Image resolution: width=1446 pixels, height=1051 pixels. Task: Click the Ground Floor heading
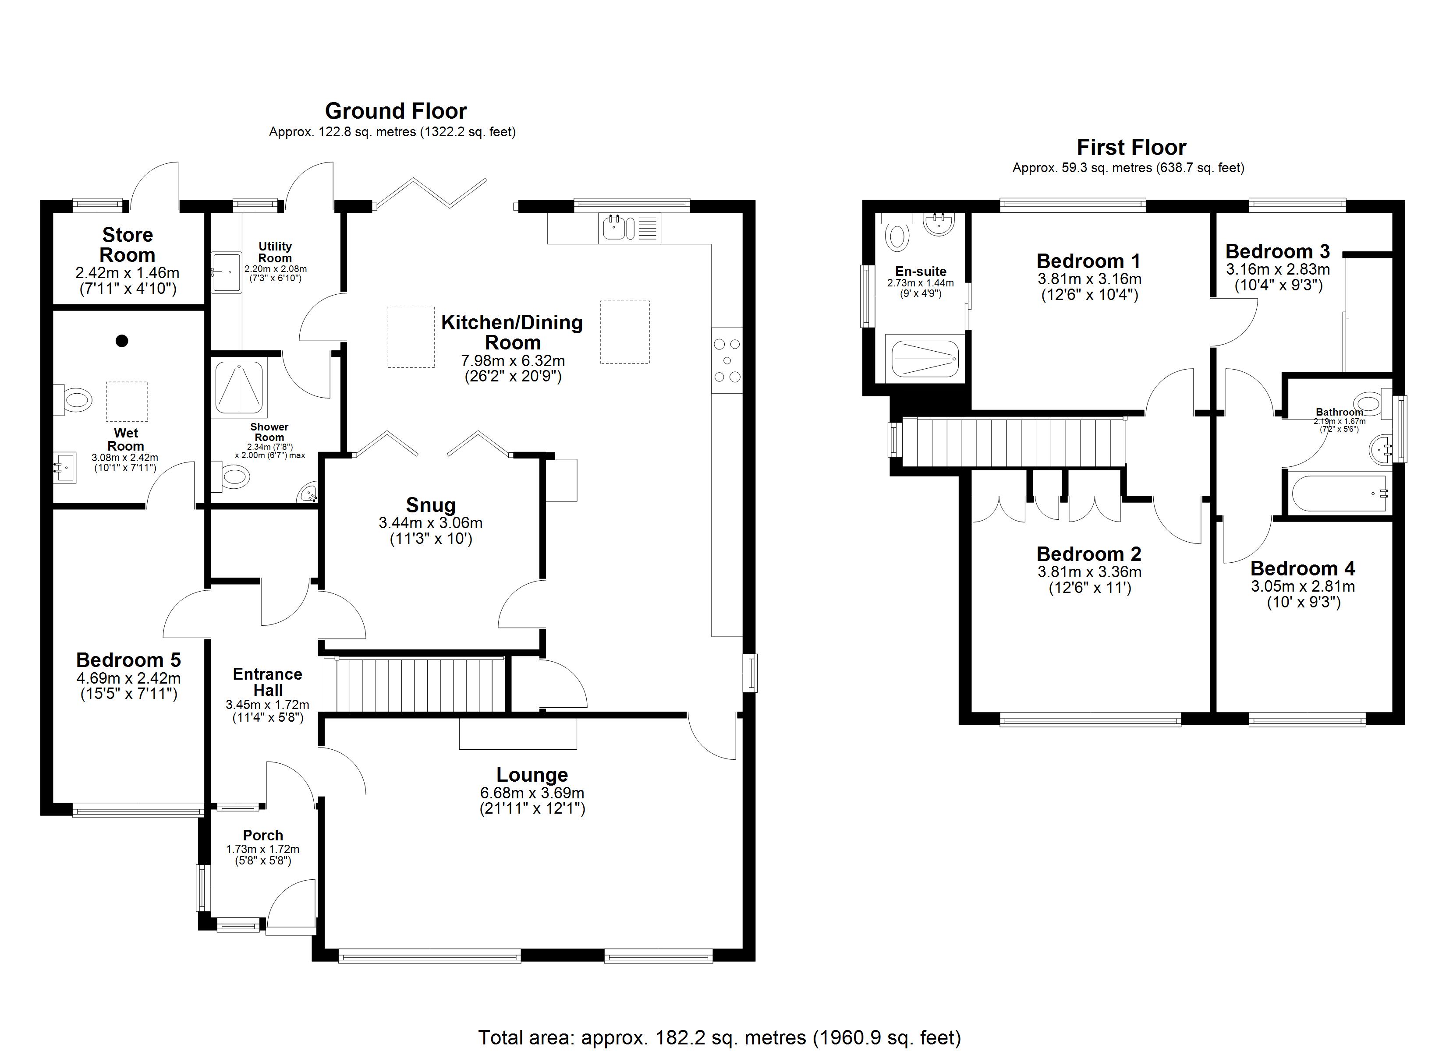[x=396, y=111]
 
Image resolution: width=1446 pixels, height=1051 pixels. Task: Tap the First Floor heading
[x=1131, y=147]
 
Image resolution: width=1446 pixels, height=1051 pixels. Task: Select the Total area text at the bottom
[x=719, y=1037]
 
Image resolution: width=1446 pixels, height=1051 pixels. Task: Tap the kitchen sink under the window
[x=629, y=228]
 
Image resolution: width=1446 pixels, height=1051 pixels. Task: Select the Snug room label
[x=431, y=505]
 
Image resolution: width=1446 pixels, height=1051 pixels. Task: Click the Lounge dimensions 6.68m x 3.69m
[x=532, y=793]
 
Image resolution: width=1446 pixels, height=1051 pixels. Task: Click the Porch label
[x=262, y=835]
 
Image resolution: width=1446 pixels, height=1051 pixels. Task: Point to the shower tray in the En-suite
[x=925, y=359]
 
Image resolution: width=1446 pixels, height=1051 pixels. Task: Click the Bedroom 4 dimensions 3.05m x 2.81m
[x=1303, y=586]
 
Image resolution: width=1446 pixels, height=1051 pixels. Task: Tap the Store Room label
[x=128, y=245]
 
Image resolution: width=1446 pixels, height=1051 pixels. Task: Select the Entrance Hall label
[x=268, y=682]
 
